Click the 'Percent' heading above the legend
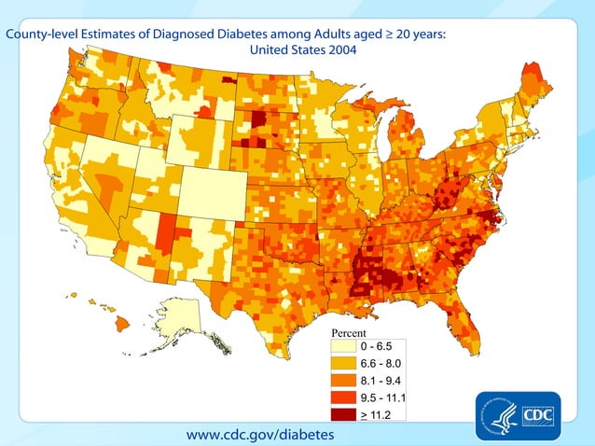tap(349, 333)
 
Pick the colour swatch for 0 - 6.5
tap(347, 346)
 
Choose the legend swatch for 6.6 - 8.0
tap(347, 363)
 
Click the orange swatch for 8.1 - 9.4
tap(347, 380)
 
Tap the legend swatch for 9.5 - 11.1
tap(347, 397)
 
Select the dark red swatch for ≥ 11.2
tap(347, 413)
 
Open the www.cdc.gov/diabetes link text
tap(259, 434)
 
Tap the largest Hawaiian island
tap(122, 324)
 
